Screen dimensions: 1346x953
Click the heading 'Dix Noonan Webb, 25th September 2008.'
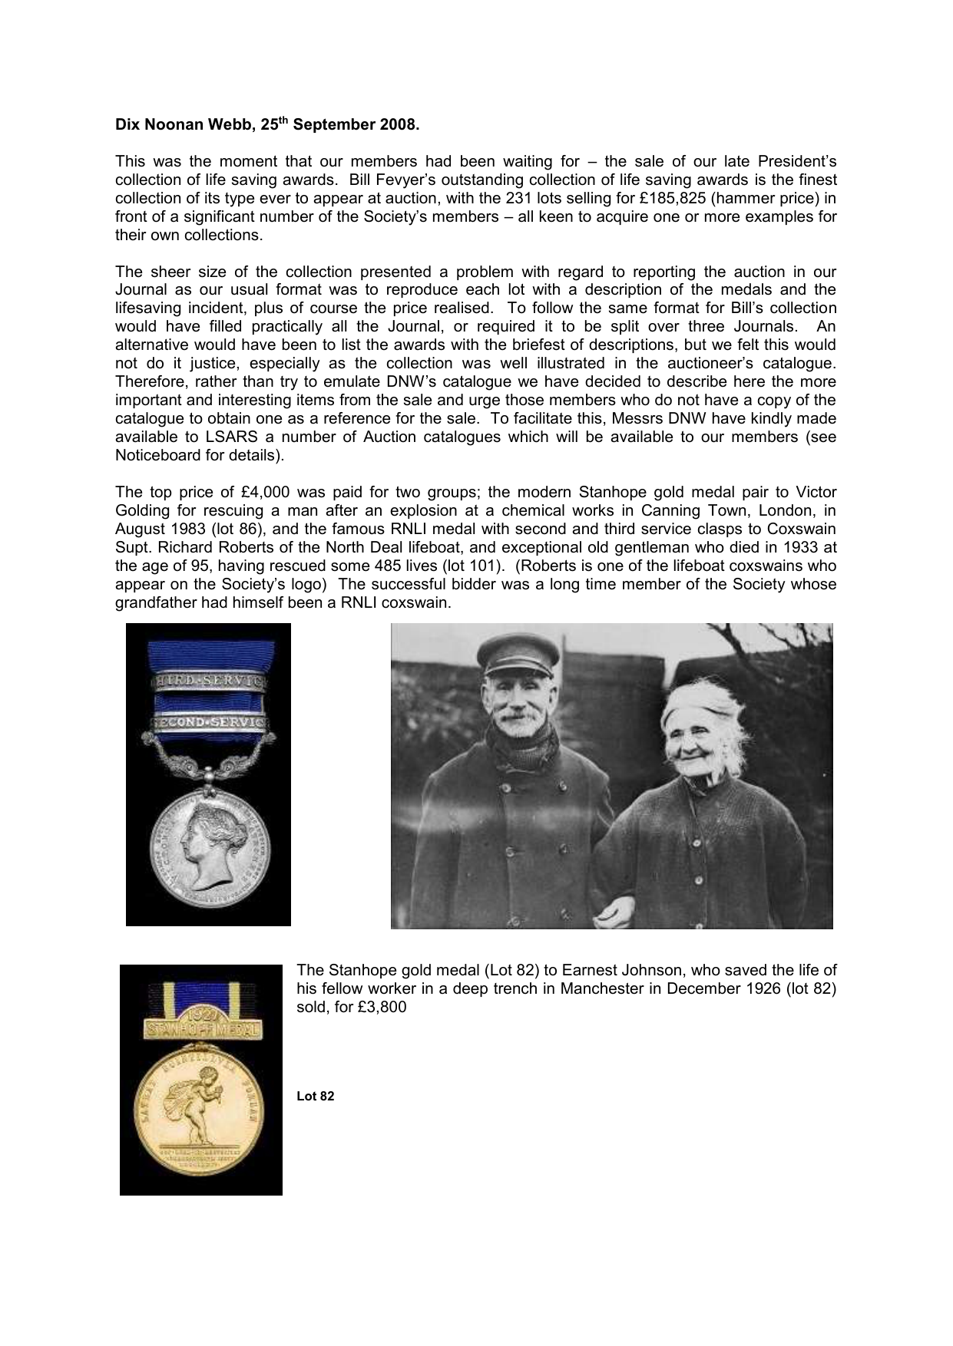pyautogui.click(x=267, y=125)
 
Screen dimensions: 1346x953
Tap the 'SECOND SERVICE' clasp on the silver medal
pyautogui.click(x=210, y=723)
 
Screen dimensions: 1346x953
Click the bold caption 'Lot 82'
pyautogui.click(x=315, y=1096)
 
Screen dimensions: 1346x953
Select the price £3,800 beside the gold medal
pyautogui.click(x=382, y=1007)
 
